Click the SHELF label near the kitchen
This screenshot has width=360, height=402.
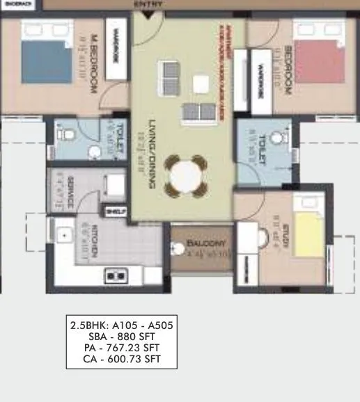pyautogui.click(x=114, y=211)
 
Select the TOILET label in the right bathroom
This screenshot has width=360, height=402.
pyautogui.click(x=263, y=149)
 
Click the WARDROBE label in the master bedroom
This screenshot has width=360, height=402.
pyautogui.click(x=117, y=49)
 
